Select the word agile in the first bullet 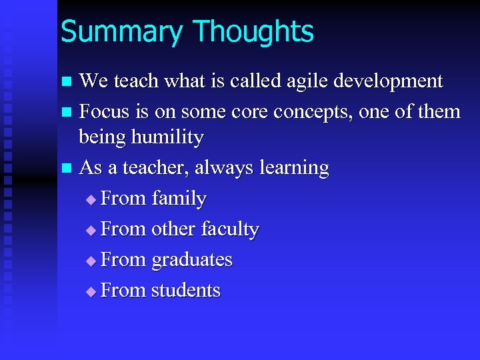pyautogui.click(x=301, y=81)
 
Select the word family pyautogui.click(x=179, y=199)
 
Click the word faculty pyautogui.click(x=226, y=229)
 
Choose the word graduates pyautogui.click(x=192, y=260)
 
